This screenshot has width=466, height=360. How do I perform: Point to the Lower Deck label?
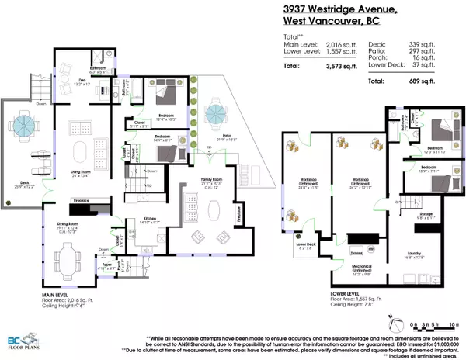click(303, 244)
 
